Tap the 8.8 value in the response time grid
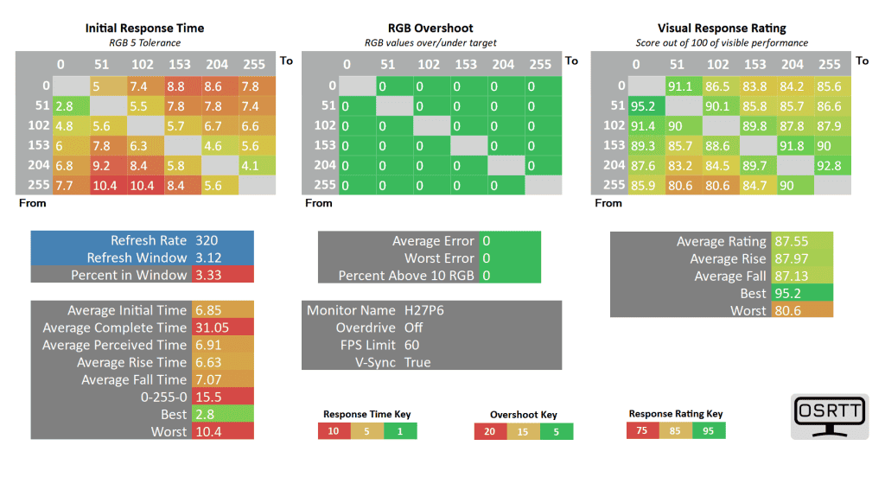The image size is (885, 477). pos(177,86)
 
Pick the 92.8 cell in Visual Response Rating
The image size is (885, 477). pos(827,165)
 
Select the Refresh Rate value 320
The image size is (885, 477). pos(207,240)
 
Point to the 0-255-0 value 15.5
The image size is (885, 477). pos(208,397)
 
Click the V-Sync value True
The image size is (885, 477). pos(417,362)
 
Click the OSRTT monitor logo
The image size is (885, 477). pos(828,417)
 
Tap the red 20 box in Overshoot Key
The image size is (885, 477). pos(490,430)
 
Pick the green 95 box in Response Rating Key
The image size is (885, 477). pos(707,429)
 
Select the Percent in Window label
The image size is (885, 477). pos(129,275)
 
